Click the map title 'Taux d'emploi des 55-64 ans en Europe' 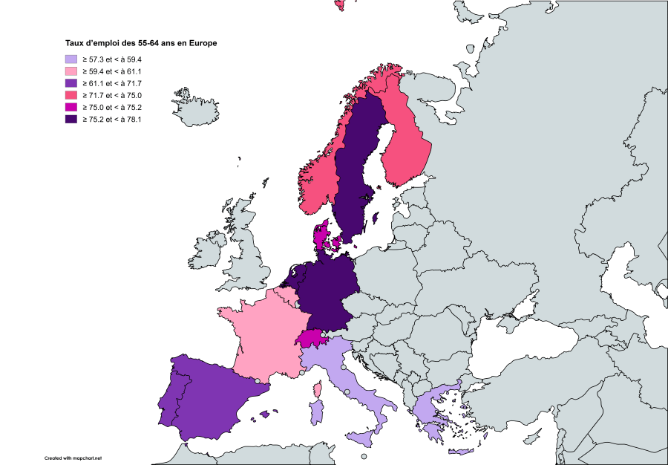[x=140, y=43]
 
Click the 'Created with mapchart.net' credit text [x=72, y=458]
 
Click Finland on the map [x=405, y=141]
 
